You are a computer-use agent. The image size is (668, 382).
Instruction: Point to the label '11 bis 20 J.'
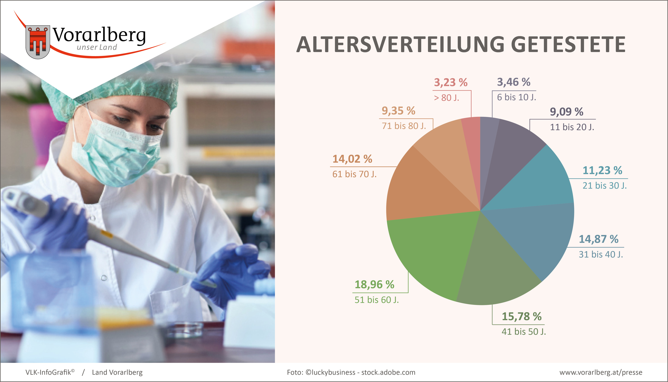(x=572, y=127)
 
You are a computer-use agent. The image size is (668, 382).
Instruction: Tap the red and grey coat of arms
(x=38, y=42)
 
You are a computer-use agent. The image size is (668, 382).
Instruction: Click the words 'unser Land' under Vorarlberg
(x=97, y=47)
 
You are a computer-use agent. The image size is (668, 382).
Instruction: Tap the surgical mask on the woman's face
(x=118, y=152)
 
